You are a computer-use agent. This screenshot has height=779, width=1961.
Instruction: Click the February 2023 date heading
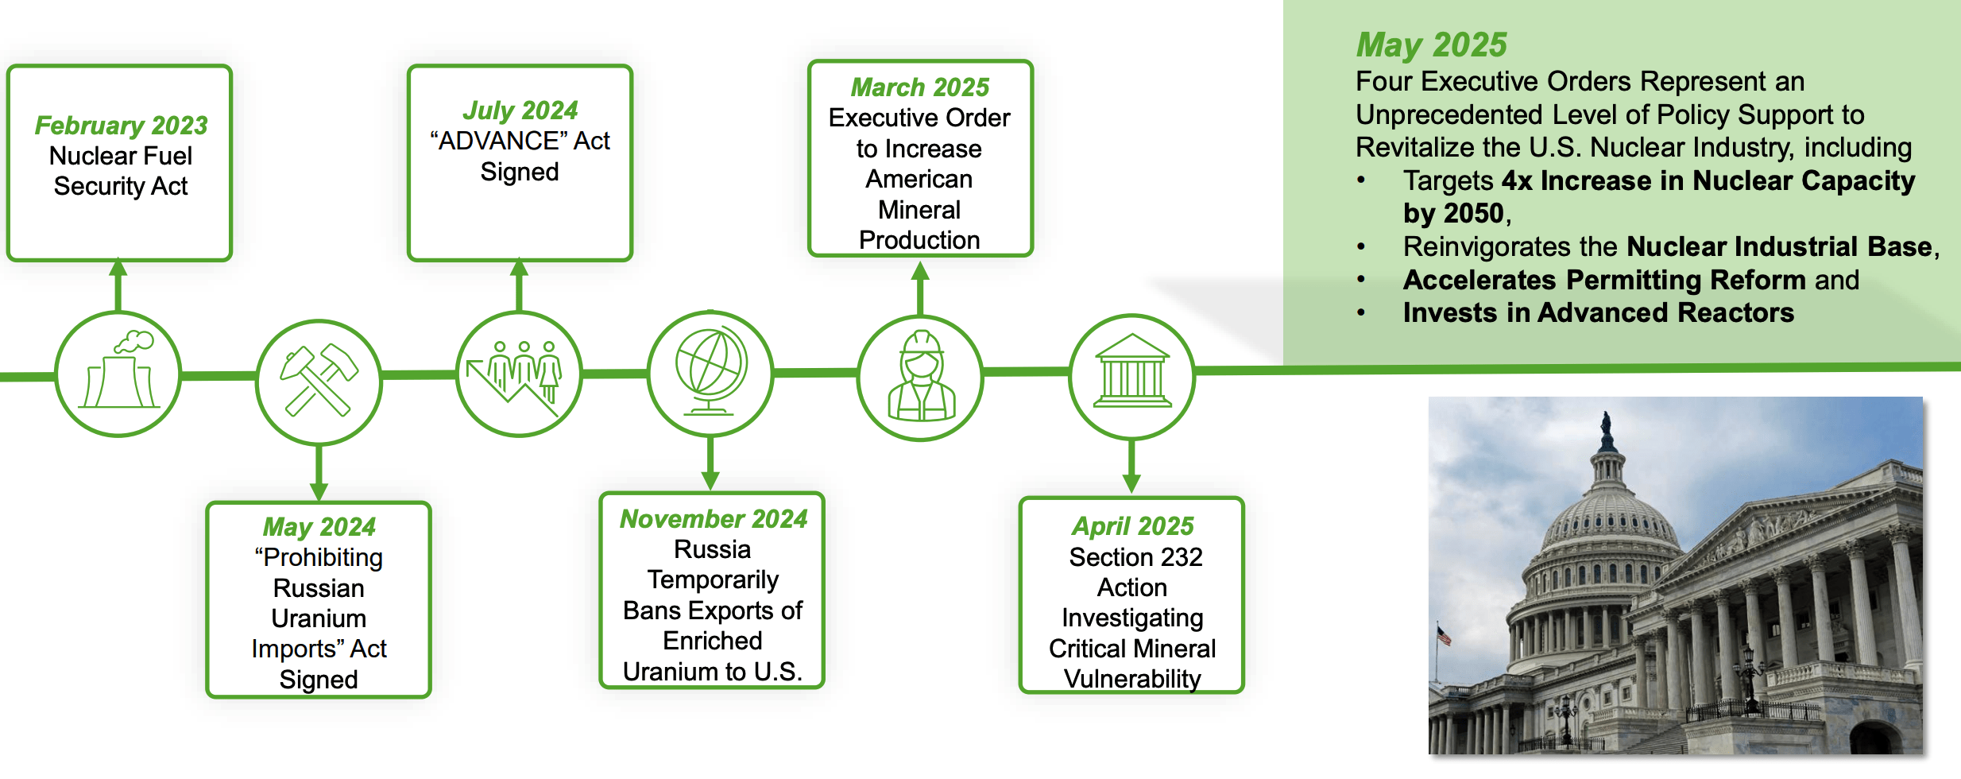121,126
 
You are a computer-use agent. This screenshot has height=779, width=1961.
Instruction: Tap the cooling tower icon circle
119,374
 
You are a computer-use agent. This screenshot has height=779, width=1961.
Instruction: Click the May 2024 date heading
319,527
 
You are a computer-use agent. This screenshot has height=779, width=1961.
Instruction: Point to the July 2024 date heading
520,110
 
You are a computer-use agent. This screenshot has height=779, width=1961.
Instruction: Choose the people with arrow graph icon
520,374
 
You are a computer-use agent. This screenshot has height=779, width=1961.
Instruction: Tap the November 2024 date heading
713,519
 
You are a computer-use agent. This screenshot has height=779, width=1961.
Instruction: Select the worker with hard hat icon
920,378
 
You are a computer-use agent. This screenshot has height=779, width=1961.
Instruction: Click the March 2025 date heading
919,87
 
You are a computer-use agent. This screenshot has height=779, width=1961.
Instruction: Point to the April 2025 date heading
1132,526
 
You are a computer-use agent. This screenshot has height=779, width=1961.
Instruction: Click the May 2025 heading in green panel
1431,45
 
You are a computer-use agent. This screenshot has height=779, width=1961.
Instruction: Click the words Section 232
1135,557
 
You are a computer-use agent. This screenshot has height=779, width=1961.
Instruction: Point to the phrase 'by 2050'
1453,214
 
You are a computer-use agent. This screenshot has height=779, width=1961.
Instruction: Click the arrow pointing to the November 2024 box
710,477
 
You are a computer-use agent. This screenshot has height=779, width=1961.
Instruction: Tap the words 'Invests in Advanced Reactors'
1598,313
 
